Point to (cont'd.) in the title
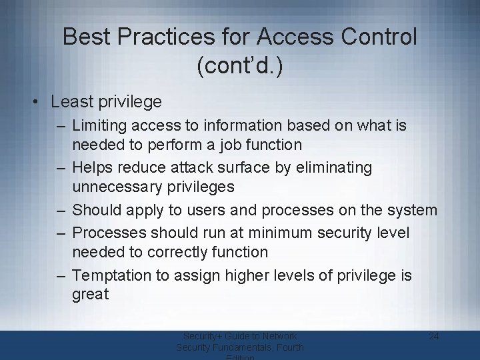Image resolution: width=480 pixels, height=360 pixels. pyautogui.click(x=240, y=67)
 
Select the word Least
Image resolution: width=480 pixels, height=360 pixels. pyautogui.click(x=70, y=101)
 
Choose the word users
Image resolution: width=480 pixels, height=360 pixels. pyautogui.click(x=189, y=211)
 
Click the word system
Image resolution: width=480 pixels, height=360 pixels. pyautogui.click(x=411, y=211)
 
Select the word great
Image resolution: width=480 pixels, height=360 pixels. pyautogui.click(x=90, y=295)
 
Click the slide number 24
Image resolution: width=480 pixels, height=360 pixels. pyautogui.click(x=433, y=337)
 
